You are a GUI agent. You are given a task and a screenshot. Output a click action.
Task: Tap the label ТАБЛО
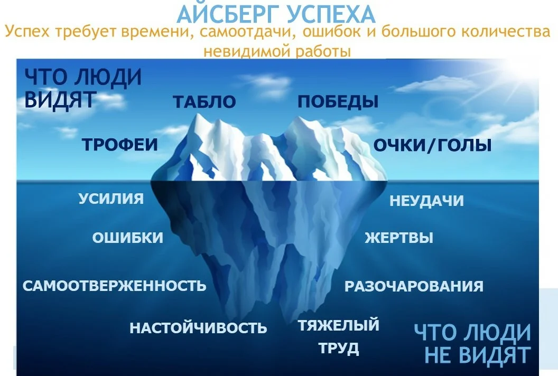[204, 102]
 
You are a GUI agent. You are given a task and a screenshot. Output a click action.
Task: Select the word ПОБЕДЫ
[338, 101]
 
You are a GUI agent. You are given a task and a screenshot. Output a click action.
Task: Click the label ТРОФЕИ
[120, 144]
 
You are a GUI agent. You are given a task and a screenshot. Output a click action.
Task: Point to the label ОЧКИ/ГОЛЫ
[432, 145]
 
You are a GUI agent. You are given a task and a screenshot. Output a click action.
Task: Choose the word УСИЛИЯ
[111, 199]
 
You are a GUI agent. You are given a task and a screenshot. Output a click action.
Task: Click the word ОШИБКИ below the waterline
[128, 238]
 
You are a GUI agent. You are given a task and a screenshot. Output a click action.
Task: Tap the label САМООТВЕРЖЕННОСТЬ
[114, 286]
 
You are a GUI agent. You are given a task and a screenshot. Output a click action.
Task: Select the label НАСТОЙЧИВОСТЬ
[198, 328]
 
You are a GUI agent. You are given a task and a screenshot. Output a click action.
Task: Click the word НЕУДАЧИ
[426, 201]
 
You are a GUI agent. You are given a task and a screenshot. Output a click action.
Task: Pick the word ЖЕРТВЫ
[399, 238]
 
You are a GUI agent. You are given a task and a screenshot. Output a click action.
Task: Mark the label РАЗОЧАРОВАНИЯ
[414, 286]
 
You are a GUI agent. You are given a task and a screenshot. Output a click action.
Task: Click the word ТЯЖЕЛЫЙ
[338, 325]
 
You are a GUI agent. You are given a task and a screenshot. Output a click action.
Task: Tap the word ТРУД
[338, 348]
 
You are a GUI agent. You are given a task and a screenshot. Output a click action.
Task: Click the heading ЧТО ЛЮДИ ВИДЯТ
[83, 88]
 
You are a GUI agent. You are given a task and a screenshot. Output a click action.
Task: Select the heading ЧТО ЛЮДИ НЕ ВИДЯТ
[472, 344]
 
